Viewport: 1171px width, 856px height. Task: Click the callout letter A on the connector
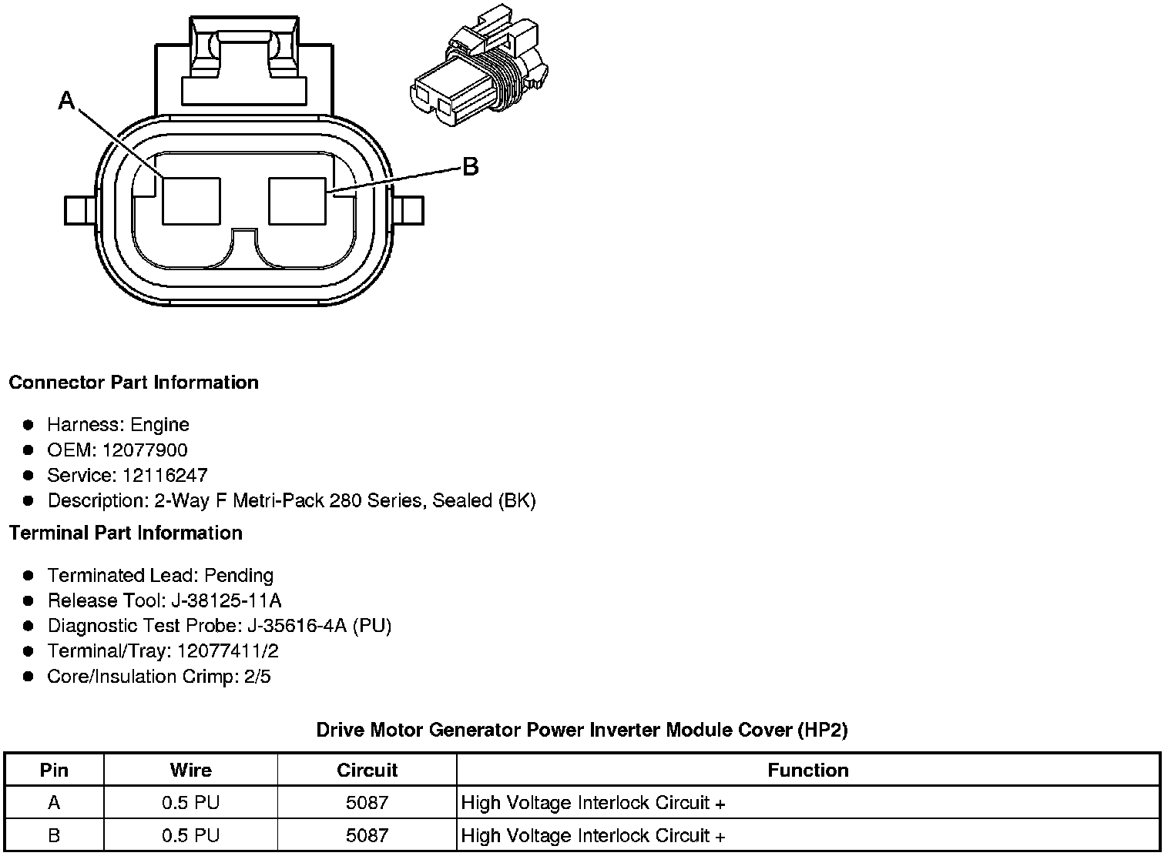67,100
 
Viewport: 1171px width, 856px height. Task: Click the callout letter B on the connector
470,166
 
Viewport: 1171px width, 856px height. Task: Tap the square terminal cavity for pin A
191,201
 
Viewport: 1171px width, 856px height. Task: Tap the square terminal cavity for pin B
297,201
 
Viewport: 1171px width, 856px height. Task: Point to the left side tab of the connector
80,210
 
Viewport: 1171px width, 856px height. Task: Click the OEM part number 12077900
144,450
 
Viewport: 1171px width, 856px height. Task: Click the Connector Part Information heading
133,383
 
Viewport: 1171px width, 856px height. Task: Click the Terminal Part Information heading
126,533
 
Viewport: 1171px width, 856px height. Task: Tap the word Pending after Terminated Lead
239,576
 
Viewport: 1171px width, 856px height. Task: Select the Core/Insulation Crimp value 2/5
255,677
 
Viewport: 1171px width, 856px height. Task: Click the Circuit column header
367,770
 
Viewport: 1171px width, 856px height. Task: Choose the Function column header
807,770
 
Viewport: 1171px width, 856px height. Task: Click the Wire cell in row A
190,803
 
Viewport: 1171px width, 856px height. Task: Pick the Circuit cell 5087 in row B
367,835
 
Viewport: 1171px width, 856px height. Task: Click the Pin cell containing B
54,835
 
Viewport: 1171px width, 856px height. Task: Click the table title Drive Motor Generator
582,730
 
